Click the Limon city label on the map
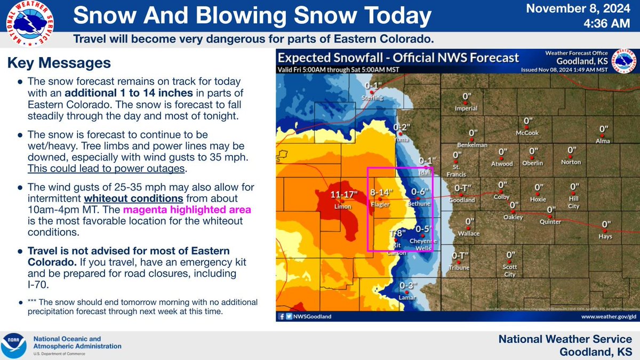[x=341, y=205]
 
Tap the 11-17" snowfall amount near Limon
[x=343, y=195]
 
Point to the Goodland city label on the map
[x=462, y=200]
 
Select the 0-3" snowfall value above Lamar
[x=407, y=285]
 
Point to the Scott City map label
[x=510, y=270]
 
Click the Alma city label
[x=602, y=141]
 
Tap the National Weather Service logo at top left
[x=30, y=25]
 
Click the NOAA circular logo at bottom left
[x=15, y=346]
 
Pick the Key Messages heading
[x=59, y=63]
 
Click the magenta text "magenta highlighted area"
[x=187, y=210]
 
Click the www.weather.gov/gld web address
[x=605, y=316]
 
